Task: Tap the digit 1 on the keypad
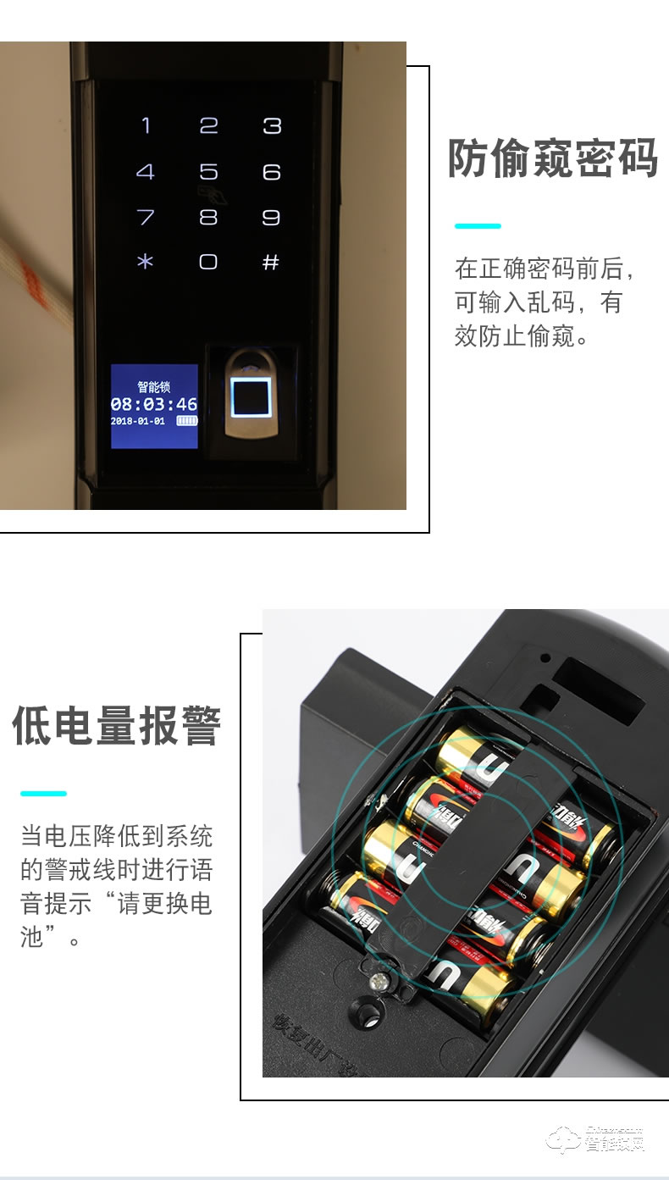point(146,126)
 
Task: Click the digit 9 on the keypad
point(271,218)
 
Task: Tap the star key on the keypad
point(146,262)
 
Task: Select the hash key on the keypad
point(271,262)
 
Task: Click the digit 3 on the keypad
point(271,126)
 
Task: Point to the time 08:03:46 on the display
point(154,404)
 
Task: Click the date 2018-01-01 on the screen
point(138,421)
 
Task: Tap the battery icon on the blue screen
point(186,421)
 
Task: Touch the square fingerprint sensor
point(251,396)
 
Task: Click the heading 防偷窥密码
point(552,158)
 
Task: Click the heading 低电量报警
point(117,726)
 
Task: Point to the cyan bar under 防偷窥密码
point(478,226)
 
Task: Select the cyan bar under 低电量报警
point(43,794)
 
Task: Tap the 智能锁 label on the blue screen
point(154,387)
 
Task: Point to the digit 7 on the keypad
point(146,218)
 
